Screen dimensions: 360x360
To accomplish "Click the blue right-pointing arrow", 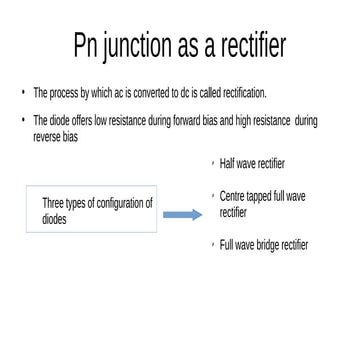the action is [x=181, y=214].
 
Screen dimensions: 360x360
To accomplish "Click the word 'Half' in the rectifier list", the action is [x=228, y=163].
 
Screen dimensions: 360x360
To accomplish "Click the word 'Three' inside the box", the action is [x=53, y=204].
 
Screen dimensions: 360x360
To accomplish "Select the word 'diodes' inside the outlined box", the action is [x=54, y=218].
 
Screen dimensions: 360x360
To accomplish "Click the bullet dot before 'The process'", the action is [x=23, y=93].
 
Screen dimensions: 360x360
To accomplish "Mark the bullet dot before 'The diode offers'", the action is [x=23, y=121].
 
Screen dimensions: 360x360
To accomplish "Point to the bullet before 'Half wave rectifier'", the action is [x=213, y=162].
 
